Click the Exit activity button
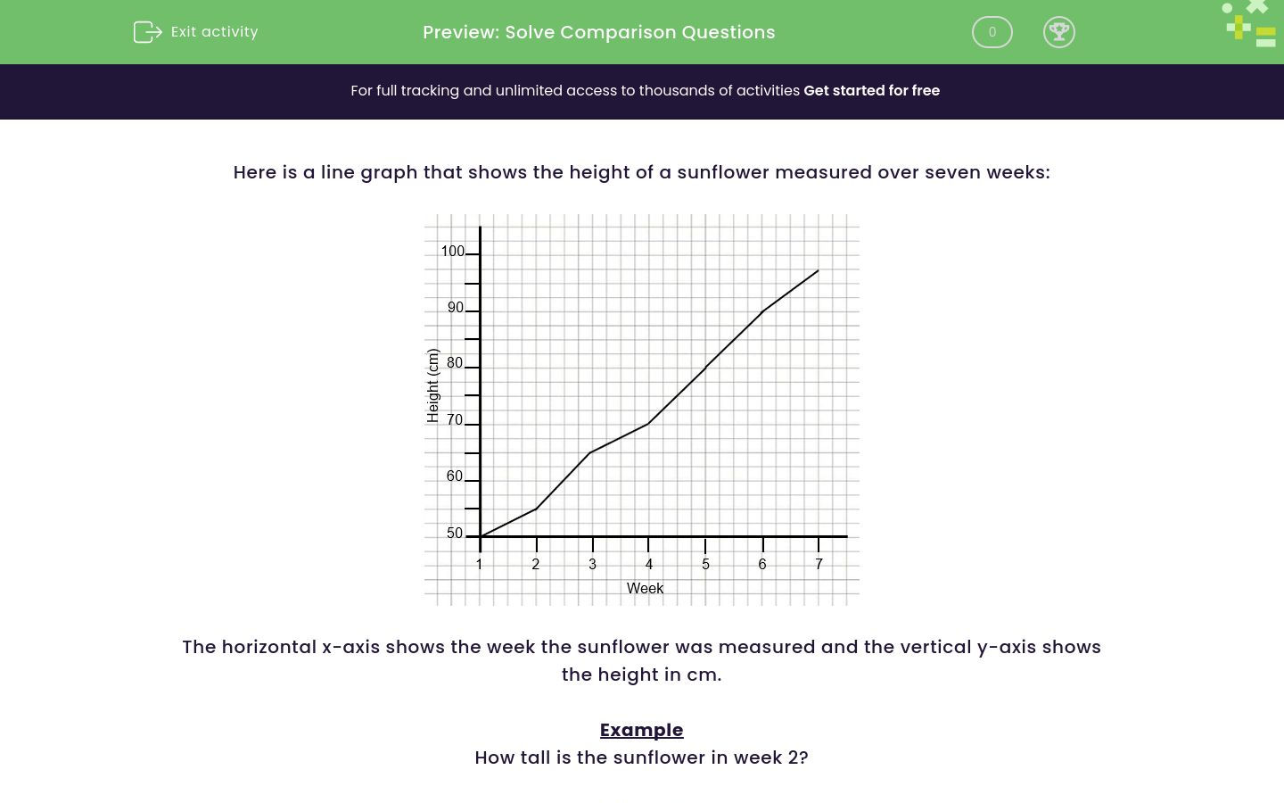196,32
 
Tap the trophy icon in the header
1058,32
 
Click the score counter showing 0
992,32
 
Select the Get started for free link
871,91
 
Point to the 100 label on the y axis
452,252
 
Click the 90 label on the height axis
456,308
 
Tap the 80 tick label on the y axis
455,363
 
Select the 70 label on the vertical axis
455,420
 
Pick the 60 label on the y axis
455,476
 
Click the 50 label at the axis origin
455,534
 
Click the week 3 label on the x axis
592,565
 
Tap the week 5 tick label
705,565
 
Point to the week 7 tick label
819,565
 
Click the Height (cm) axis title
433,385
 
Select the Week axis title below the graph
645,589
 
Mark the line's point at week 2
536,509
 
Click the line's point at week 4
648,423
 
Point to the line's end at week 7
818,270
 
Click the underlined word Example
641,730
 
